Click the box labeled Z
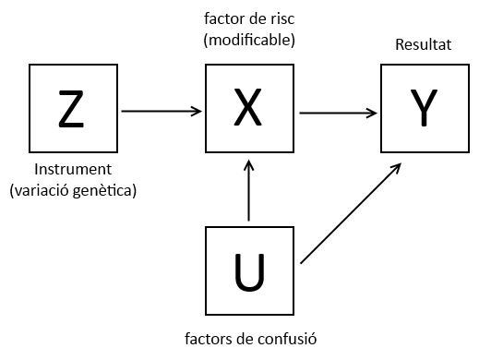[x=72, y=109]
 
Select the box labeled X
[x=249, y=109]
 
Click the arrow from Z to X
[x=162, y=111]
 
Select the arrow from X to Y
[x=338, y=114]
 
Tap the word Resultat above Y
[x=424, y=44]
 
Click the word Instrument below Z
[x=73, y=170]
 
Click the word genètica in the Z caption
[x=106, y=190]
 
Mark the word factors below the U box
[x=207, y=338]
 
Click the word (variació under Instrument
[x=42, y=190]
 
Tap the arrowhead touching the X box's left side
[x=198, y=111]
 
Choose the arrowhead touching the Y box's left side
[x=373, y=114]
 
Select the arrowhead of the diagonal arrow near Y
[x=397, y=168]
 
